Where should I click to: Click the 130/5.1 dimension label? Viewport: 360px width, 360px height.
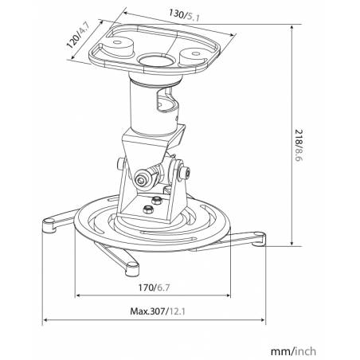(185, 15)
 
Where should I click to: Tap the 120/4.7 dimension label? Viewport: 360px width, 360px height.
(78, 35)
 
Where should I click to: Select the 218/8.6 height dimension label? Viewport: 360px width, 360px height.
(299, 145)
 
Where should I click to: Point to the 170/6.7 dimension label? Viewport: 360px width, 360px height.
(154, 288)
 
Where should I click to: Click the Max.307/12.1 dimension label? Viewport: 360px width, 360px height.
(158, 311)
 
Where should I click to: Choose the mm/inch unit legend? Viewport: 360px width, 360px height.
(293, 351)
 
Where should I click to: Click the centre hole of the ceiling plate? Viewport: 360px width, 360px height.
(155, 60)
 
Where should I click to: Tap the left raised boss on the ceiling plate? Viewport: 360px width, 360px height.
(118, 46)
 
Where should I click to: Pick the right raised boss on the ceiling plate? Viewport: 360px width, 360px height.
(193, 57)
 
